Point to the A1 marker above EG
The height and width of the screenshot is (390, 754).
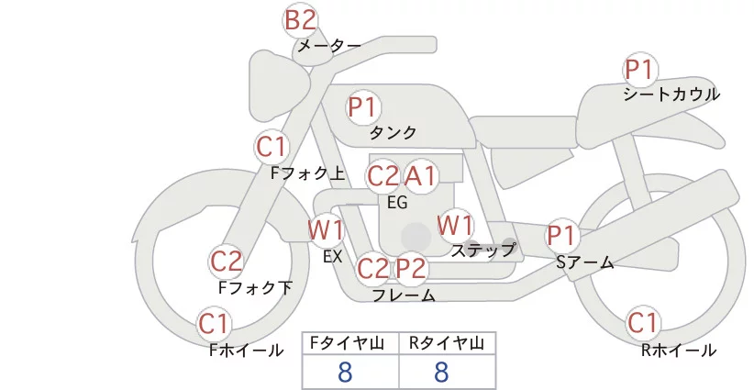pyautogui.click(x=421, y=175)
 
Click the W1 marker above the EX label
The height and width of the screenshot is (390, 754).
pyautogui.click(x=326, y=229)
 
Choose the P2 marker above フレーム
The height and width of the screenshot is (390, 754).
pyautogui.click(x=411, y=269)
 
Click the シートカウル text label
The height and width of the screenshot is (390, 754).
pyautogui.click(x=671, y=95)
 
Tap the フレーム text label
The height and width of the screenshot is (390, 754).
pyautogui.click(x=404, y=295)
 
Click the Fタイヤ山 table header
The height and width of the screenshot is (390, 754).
pyautogui.click(x=350, y=343)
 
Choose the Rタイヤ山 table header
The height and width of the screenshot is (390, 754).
pyautogui.click(x=447, y=343)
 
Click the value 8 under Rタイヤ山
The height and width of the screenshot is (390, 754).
pyautogui.click(x=441, y=372)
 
